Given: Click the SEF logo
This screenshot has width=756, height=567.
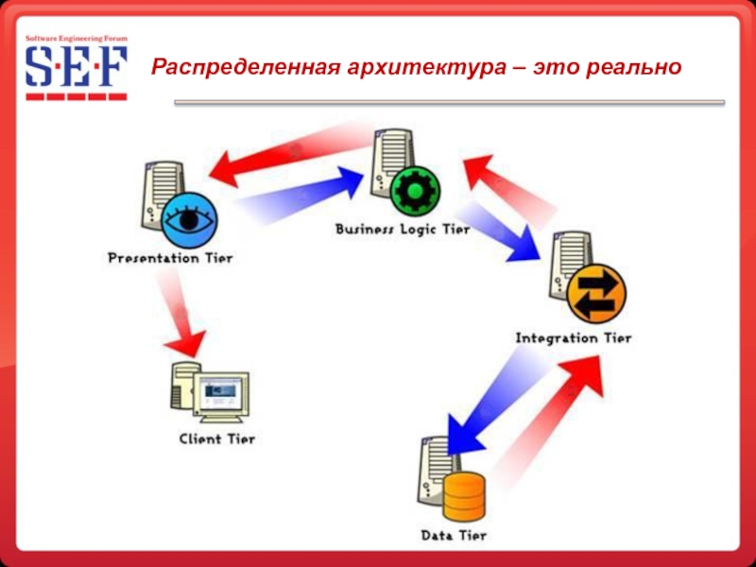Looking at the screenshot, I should tap(76, 67).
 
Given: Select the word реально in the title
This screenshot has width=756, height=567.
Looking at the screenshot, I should tap(629, 67).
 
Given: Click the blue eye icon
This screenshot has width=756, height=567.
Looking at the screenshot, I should tap(188, 218).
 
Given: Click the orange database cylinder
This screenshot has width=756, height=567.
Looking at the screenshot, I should tap(464, 497).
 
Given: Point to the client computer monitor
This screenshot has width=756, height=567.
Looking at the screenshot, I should tap(221, 391).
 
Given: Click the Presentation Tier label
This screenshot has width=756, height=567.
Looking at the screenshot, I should tap(170, 258).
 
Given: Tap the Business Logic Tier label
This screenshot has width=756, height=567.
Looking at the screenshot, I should tap(403, 230).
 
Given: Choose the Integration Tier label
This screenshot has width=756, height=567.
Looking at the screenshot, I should tap(573, 337).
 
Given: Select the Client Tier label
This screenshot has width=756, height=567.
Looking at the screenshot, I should tap(216, 439).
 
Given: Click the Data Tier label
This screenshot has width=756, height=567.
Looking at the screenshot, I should tap(454, 536).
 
